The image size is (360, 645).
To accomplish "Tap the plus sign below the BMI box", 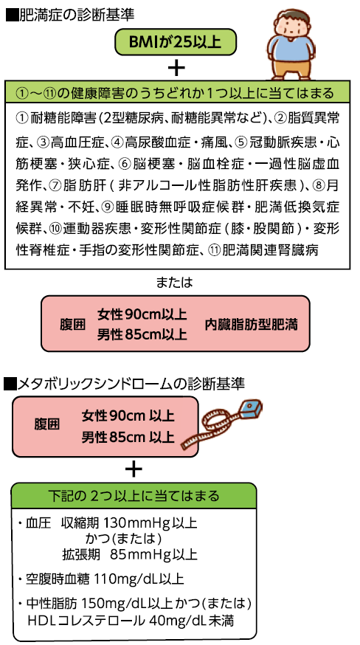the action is pyautogui.click(x=176, y=68).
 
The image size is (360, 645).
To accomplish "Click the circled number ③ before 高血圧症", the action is pyautogui.click(x=44, y=142).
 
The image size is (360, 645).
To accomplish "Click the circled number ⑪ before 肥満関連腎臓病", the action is pyautogui.click(x=214, y=250).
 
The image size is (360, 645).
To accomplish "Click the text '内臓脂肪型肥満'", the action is pyautogui.click(x=251, y=325).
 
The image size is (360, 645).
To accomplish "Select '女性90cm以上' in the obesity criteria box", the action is pyautogui.click(x=142, y=315).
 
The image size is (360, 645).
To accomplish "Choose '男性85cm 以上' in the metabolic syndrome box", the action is pyautogui.click(x=128, y=436).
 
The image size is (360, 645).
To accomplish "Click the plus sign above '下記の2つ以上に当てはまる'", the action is pyautogui.click(x=134, y=469).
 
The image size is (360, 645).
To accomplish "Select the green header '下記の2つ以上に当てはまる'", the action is pyautogui.click(x=134, y=495).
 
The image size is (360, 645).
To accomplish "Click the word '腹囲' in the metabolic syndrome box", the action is pyautogui.click(x=46, y=424).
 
